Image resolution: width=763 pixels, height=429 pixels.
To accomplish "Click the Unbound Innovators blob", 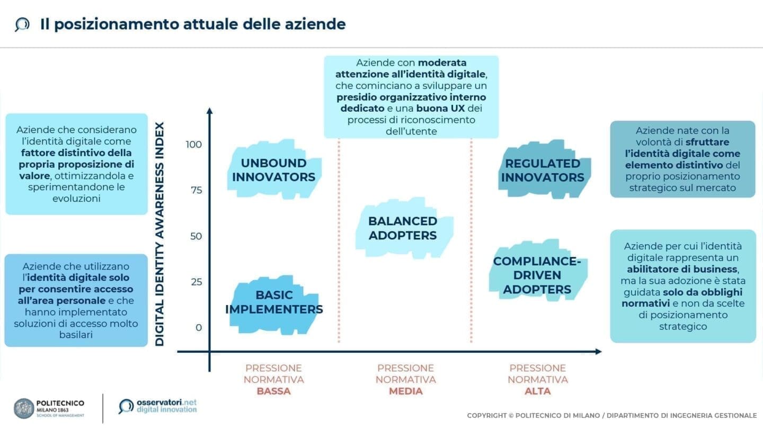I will click(x=273, y=169).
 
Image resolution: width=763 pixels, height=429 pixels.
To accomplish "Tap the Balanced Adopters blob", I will click(x=403, y=228).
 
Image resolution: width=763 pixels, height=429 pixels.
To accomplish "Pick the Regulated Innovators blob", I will click(x=543, y=170).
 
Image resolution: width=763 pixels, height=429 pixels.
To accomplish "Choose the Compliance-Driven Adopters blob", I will click(x=537, y=275).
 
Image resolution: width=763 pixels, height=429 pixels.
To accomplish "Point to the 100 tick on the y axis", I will click(x=194, y=145).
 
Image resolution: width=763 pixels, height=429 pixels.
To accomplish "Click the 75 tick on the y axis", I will click(x=196, y=190).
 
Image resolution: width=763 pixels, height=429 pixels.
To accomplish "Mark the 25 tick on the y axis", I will click(x=196, y=282).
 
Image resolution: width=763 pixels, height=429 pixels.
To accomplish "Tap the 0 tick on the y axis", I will click(x=199, y=327).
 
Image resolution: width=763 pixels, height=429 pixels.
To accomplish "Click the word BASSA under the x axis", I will click(x=273, y=391).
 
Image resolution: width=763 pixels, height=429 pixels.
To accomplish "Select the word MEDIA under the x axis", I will click(x=405, y=391).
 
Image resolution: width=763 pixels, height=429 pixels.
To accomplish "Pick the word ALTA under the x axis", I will click(x=538, y=391).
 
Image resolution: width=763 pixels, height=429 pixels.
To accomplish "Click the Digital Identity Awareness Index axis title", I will click(x=159, y=234).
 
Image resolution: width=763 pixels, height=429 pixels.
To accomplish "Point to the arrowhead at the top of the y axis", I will click(x=209, y=111).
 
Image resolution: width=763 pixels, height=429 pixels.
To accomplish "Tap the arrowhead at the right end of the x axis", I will click(x=598, y=351).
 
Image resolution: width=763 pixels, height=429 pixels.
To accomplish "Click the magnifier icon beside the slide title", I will click(x=22, y=24).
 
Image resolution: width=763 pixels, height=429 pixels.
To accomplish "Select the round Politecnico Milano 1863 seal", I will click(x=24, y=408).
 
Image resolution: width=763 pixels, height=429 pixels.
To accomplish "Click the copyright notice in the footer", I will click(x=611, y=416).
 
